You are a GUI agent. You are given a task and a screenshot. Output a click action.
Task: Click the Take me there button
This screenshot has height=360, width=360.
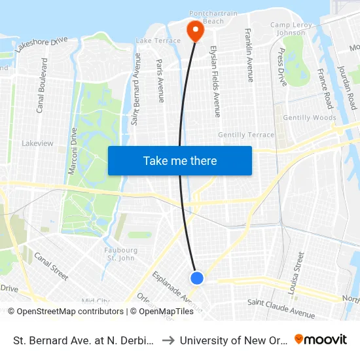pyautogui.click(x=179, y=160)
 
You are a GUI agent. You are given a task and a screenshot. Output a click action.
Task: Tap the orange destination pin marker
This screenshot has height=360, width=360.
pyautogui.click(x=194, y=30)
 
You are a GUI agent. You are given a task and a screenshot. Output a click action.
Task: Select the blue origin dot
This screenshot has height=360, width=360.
pyautogui.click(x=197, y=278)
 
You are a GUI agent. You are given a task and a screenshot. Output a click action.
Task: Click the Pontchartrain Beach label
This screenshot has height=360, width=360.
pyautogui.click(x=207, y=17)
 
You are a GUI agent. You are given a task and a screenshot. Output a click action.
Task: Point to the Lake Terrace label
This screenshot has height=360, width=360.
pyautogui.click(x=157, y=41)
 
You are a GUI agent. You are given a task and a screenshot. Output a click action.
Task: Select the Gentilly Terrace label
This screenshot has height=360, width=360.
pyautogui.click(x=246, y=134)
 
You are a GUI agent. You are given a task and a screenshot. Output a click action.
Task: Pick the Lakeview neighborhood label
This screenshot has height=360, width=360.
pyautogui.click(x=37, y=143)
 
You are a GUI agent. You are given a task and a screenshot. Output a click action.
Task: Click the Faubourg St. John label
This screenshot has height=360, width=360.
pyautogui.click(x=121, y=253)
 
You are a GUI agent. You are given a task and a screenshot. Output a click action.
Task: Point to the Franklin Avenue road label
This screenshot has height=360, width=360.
pyautogui.click(x=249, y=55)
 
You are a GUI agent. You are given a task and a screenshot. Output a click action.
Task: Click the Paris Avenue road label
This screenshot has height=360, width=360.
pyautogui.click(x=160, y=81)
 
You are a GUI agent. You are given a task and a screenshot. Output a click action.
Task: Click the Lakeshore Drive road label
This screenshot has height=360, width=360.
pyautogui.click(x=42, y=44)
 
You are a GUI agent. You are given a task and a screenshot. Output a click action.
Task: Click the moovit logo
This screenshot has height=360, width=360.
pyautogui.click(x=321, y=339)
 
